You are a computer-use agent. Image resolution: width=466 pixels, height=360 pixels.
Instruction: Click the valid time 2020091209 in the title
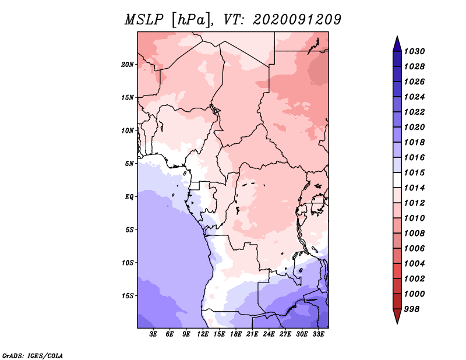(297, 20)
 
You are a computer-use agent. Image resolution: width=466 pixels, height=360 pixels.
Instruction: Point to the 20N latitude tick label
(128, 64)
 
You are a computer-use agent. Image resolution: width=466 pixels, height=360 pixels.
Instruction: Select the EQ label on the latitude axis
(129, 196)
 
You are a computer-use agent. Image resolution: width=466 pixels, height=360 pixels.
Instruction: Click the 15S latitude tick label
(128, 295)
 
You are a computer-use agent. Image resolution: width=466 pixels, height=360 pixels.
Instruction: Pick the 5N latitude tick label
(129, 163)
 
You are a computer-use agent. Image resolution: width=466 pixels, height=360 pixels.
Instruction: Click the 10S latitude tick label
(128, 262)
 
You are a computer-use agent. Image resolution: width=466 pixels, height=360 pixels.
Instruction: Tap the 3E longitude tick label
(154, 334)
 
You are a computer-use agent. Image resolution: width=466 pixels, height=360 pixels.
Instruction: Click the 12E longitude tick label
(203, 334)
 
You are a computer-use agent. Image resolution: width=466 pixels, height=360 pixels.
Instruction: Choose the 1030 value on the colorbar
(416, 51)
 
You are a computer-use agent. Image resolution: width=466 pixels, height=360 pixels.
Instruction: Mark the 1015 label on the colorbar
(416, 172)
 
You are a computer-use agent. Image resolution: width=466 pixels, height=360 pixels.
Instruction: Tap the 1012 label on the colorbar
(416, 203)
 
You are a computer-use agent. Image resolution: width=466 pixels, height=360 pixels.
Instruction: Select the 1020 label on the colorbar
(416, 127)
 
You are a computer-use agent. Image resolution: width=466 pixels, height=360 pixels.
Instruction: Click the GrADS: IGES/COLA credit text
(33, 355)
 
